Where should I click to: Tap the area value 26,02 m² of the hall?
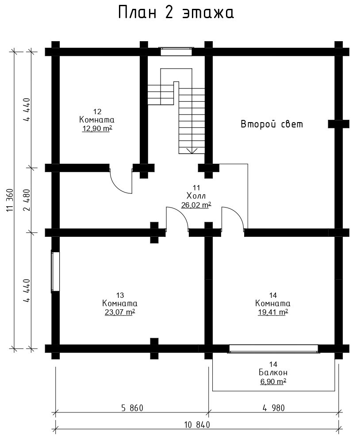pyautogui.click(x=196, y=205)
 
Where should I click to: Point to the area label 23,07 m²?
pyautogui.click(x=120, y=312)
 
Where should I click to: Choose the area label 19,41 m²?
pyautogui.click(x=273, y=312)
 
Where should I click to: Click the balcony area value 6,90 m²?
pyautogui.click(x=273, y=381)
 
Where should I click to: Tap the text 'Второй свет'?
pyautogui.click(x=272, y=124)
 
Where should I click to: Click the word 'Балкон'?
pyautogui.click(x=273, y=373)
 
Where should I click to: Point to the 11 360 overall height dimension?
pyautogui.click(x=10, y=200)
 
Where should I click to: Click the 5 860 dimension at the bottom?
pyautogui.click(x=132, y=408)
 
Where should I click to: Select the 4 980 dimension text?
pyautogui.click(x=274, y=408)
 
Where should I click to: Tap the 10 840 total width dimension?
pyautogui.click(x=197, y=425)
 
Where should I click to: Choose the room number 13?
pyautogui.click(x=120, y=295)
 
